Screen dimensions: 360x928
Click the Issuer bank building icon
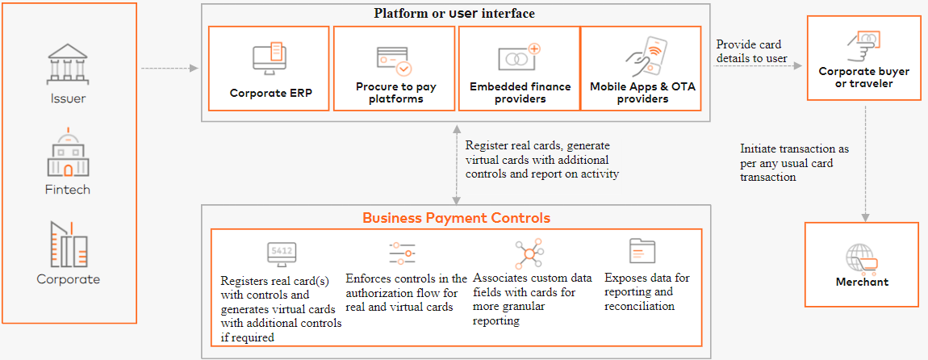point(68,65)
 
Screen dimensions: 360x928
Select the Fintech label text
point(68,190)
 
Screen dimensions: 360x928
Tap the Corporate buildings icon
point(68,244)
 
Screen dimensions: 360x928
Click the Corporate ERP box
point(270,69)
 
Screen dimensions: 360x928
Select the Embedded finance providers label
point(520,92)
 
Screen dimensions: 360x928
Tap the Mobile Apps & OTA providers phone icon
point(643,57)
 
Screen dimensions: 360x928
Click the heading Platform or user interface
point(454,14)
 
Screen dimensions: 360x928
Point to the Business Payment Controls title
point(456,218)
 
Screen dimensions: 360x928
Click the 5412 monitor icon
point(282,253)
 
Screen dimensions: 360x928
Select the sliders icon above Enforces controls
point(401,253)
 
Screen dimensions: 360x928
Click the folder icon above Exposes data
point(642,251)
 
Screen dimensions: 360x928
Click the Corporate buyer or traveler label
point(863,77)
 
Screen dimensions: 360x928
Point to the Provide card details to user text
point(751,51)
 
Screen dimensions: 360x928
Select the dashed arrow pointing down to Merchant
point(863,161)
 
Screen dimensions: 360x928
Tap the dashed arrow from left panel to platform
point(169,69)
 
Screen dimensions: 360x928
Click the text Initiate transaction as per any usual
point(793,162)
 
